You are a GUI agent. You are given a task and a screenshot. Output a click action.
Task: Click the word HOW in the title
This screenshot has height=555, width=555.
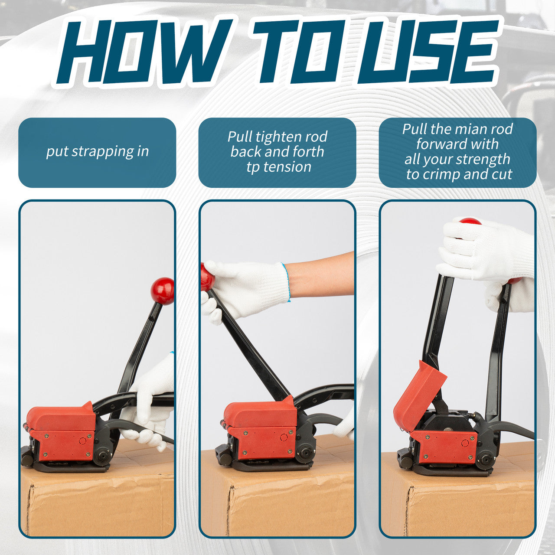[x=144, y=52]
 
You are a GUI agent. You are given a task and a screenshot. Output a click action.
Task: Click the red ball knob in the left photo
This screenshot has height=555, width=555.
[x=163, y=291]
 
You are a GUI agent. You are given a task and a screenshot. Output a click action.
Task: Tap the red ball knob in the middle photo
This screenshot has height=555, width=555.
[x=207, y=277]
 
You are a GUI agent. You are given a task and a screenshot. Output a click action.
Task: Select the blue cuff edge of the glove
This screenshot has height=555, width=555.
[x=286, y=283]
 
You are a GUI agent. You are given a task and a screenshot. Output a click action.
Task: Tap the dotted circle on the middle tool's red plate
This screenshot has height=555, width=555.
[x=284, y=437]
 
